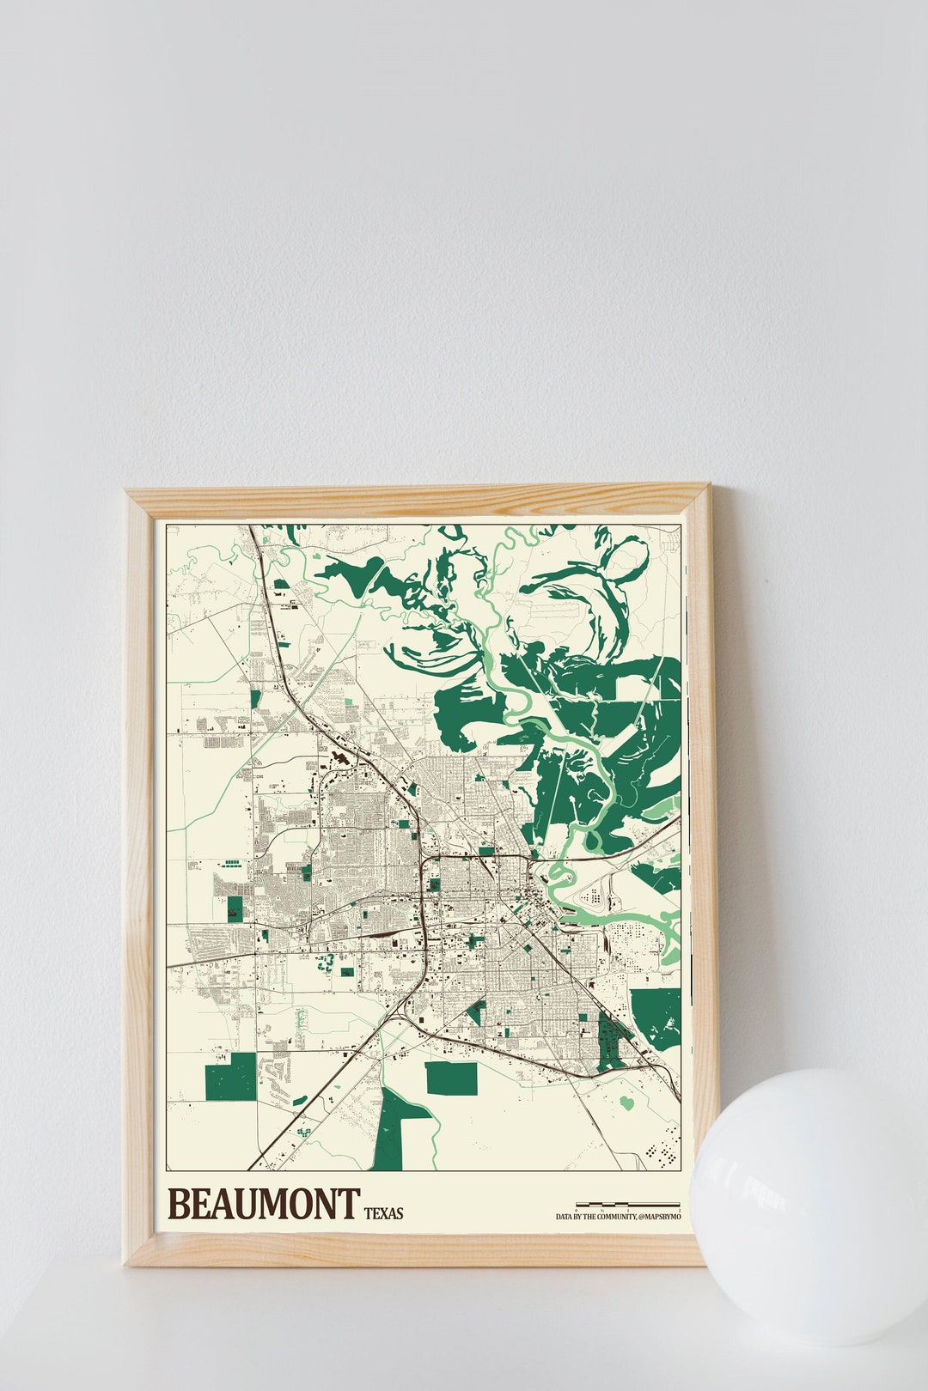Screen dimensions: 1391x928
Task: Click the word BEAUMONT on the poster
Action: (263, 1204)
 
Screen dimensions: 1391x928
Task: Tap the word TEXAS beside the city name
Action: (383, 1213)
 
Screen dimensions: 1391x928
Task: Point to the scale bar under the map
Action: (627, 1205)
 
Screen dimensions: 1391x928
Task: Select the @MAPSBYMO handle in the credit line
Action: (660, 1217)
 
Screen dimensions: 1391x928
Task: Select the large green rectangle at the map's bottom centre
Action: (451, 1078)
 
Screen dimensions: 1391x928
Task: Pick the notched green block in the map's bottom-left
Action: (229, 1076)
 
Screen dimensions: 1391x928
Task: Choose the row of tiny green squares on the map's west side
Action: (232, 860)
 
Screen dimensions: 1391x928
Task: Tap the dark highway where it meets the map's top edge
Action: (252, 528)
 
